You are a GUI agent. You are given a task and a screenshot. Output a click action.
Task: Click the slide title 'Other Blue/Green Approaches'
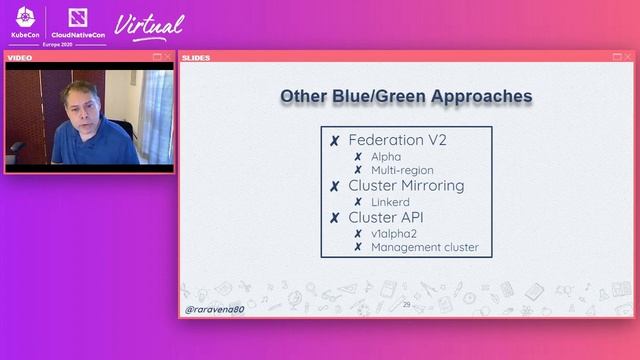tap(405, 97)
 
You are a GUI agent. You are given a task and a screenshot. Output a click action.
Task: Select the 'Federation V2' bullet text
tap(398, 140)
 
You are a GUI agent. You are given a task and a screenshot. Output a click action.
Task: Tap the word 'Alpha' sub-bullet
tap(386, 157)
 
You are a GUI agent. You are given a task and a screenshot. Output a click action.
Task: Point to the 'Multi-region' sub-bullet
tap(402, 170)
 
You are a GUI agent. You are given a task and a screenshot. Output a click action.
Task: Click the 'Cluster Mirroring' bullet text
tap(406, 186)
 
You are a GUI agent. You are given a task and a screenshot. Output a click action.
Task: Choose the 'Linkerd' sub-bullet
tap(390, 202)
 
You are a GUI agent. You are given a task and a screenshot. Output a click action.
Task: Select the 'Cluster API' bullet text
tap(387, 216)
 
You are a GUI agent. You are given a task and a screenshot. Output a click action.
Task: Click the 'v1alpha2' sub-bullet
tap(394, 233)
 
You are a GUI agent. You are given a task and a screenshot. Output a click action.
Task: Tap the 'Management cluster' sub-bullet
tap(424, 247)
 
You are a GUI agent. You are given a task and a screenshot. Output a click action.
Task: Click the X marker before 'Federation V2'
tap(335, 141)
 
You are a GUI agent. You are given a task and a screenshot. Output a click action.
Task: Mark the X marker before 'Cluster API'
tap(335, 217)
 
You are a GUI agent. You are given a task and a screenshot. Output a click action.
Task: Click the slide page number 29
tap(406, 304)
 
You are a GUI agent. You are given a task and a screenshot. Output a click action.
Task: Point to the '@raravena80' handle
tap(214, 310)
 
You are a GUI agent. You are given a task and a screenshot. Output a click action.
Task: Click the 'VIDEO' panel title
tap(20, 58)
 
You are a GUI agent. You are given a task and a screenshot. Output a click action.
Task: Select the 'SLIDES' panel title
tap(196, 57)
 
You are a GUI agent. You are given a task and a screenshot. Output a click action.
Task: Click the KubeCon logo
tap(26, 21)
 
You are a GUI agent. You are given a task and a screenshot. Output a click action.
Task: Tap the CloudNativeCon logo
tap(77, 21)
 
